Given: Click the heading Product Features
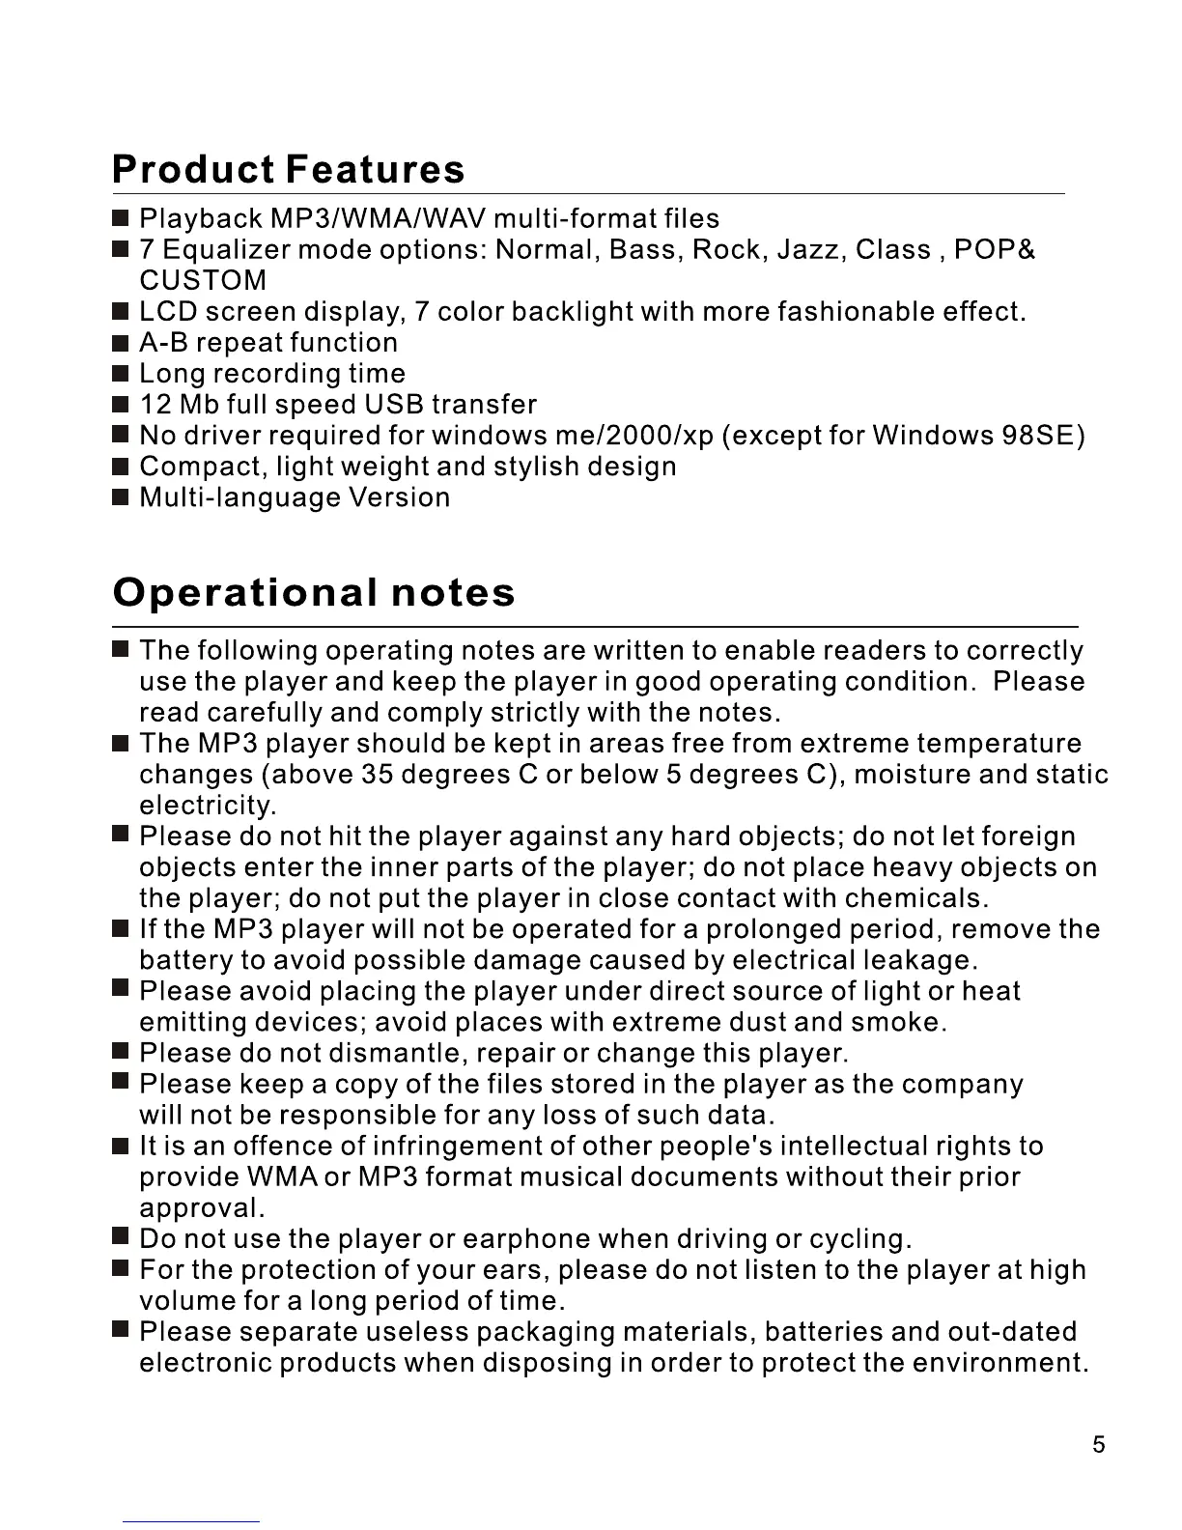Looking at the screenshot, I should pyautogui.click(x=288, y=169).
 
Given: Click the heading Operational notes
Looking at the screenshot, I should pyautogui.click(x=314, y=592).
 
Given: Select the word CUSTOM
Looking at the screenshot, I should pyautogui.click(x=203, y=281).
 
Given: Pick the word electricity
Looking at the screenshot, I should pyautogui.click(x=208, y=806).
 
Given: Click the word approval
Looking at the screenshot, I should pyautogui.click(x=201, y=1208).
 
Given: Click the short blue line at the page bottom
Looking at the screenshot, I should pyautogui.click(x=191, y=1521).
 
